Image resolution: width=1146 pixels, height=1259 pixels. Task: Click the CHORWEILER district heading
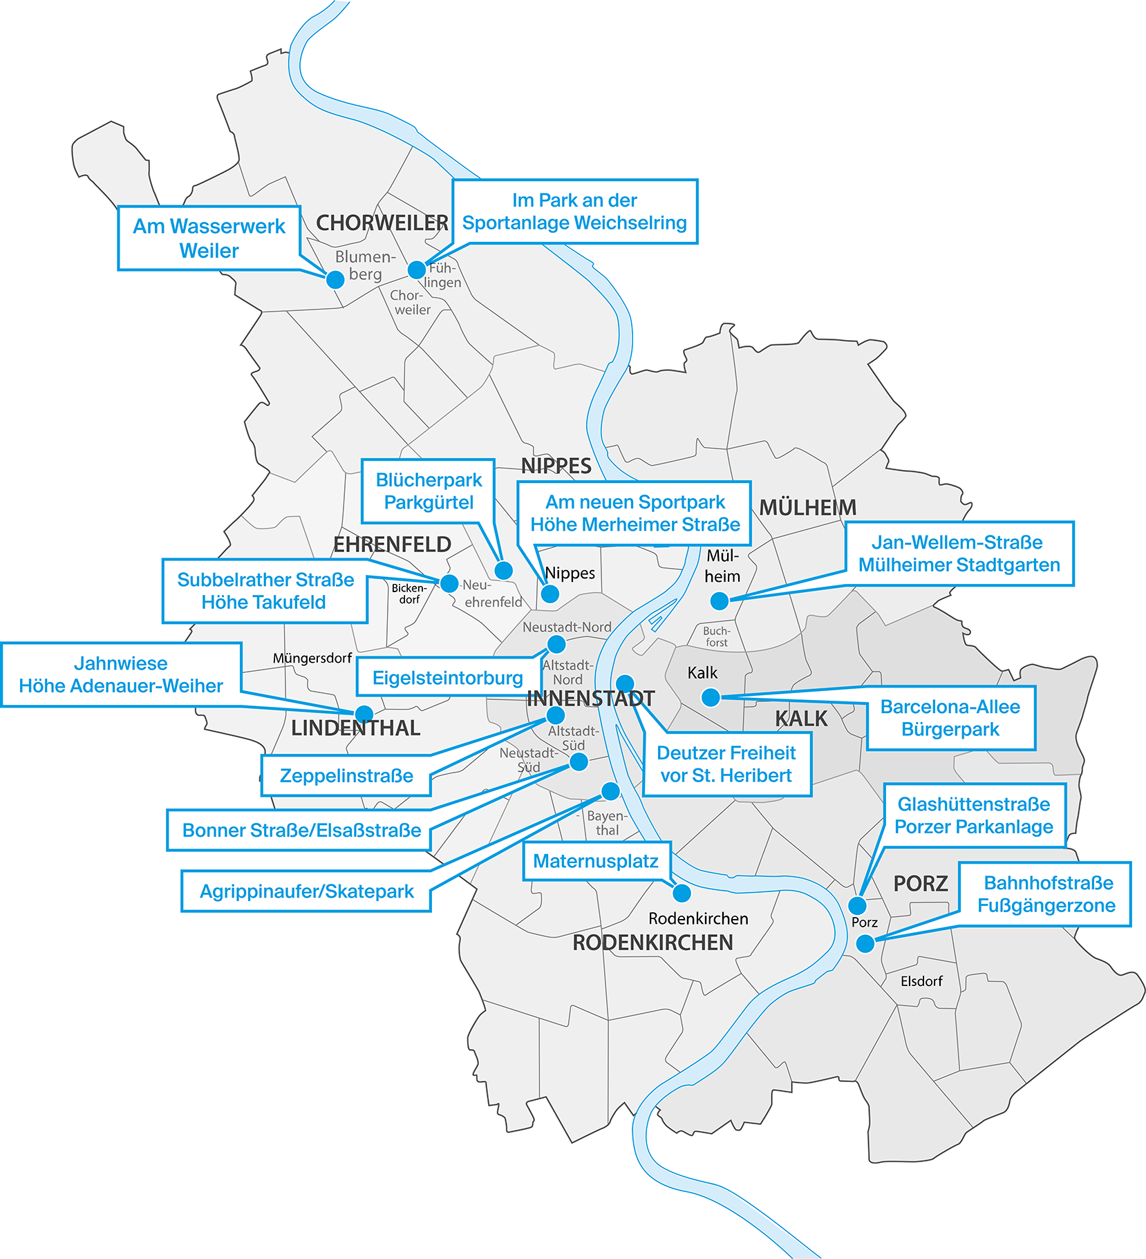382,223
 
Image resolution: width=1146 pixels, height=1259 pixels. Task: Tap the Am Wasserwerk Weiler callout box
209,238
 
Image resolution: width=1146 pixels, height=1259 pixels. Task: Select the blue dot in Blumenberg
335,279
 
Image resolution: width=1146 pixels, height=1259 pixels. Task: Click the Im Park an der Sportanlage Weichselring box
574,211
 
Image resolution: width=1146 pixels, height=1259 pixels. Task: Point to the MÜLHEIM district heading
807,508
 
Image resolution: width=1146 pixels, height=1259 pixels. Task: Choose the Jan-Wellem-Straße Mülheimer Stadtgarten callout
959,553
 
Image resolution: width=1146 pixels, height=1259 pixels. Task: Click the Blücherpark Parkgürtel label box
429,491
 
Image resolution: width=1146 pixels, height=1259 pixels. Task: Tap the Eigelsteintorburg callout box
447,677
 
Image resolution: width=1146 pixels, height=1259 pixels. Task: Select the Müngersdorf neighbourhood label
312,658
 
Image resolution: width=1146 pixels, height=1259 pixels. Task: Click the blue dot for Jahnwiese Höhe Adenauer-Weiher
364,714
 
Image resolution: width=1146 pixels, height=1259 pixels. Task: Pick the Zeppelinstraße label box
346,775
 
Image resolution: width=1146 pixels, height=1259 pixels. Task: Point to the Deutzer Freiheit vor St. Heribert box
726,764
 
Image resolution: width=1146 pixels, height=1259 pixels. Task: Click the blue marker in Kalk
711,697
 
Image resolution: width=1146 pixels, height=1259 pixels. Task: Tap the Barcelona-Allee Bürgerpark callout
950,718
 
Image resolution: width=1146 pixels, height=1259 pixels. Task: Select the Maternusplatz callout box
596,861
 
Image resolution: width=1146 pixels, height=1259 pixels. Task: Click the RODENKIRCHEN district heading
652,943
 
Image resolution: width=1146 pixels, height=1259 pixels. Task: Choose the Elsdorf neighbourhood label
921,981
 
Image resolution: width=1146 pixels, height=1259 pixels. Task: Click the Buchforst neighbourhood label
717,636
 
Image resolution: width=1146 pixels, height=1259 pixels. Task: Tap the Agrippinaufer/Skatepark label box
306,891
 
